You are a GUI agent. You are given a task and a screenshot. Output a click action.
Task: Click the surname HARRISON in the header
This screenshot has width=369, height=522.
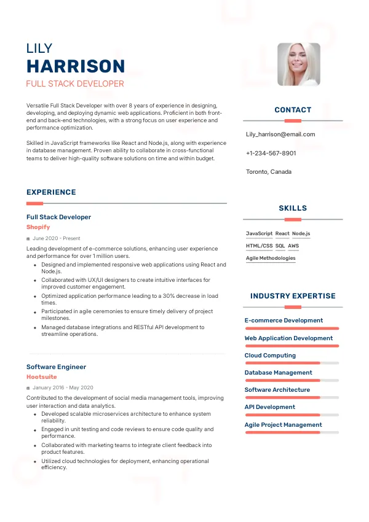[x=76, y=66]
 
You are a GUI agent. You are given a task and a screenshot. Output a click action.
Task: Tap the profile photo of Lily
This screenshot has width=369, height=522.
[x=299, y=64]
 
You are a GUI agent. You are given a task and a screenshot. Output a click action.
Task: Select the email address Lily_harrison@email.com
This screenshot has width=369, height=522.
[x=280, y=134]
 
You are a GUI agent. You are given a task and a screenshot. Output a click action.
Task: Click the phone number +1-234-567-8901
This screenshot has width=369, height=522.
[x=271, y=153]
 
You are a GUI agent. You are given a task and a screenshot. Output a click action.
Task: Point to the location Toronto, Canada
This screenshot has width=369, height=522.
[x=268, y=172]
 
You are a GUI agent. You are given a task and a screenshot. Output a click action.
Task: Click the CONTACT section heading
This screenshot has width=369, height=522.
[x=293, y=110]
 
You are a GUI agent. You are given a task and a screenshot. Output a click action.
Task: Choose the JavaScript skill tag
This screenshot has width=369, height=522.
[x=259, y=234]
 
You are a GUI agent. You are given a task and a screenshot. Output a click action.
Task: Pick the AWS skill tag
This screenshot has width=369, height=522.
[x=293, y=246]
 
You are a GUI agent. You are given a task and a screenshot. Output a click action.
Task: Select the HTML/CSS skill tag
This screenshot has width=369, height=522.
[x=259, y=246]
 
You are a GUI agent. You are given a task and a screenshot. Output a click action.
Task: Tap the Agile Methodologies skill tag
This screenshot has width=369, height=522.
[x=271, y=259]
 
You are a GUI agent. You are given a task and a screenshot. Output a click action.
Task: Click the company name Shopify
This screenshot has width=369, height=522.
[x=38, y=227]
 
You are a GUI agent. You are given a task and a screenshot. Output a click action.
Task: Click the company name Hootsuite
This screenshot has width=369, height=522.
[x=42, y=377]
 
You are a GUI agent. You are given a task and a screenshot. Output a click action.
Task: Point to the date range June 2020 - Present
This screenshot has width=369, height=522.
[x=57, y=238]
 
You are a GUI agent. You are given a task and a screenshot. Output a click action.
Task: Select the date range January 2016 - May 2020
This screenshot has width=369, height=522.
[x=63, y=388]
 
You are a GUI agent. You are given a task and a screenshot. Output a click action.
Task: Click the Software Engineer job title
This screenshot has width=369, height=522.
[x=56, y=367]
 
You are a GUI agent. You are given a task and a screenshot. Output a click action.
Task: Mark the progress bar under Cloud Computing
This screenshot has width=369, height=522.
[x=292, y=363]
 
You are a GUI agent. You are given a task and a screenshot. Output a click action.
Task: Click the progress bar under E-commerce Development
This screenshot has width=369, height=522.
[x=292, y=329]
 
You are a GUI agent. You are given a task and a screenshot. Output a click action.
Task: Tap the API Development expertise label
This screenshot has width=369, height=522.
[x=270, y=407]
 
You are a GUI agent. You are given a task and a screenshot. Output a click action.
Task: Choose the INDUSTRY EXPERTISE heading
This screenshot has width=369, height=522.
[x=293, y=296]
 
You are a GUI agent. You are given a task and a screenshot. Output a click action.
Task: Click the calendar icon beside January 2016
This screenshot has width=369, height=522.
[x=28, y=388]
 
